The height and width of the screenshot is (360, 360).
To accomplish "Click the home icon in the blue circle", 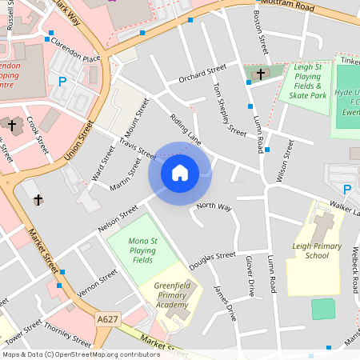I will point(180,172).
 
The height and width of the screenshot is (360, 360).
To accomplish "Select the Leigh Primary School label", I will point(310,250).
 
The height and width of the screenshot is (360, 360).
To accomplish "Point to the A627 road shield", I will point(108,318).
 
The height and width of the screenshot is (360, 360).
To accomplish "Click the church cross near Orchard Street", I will point(260,74).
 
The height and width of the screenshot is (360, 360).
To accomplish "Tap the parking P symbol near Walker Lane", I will point(346,190).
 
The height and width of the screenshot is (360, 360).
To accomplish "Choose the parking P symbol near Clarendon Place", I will point(62,80).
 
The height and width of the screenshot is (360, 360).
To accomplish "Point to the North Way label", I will point(214,207).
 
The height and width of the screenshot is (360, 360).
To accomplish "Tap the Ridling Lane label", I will point(185,129).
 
